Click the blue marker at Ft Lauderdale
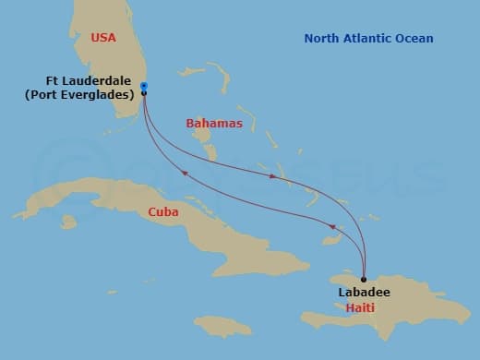click(x=144, y=87)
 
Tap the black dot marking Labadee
click(x=364, y=279)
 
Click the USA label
click(x=104, y=38)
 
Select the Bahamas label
click(x=214, y=123)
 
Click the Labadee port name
click(x=364, y=293)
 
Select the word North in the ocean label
click(x=323, y=39)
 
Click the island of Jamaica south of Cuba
click(x=222, y=326)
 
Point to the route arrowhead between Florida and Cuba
click(x=184, y=173)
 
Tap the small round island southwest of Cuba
click(x=67, y=222)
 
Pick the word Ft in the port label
click(x=53, y=80)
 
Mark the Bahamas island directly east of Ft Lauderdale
click(x=193, y=70)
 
